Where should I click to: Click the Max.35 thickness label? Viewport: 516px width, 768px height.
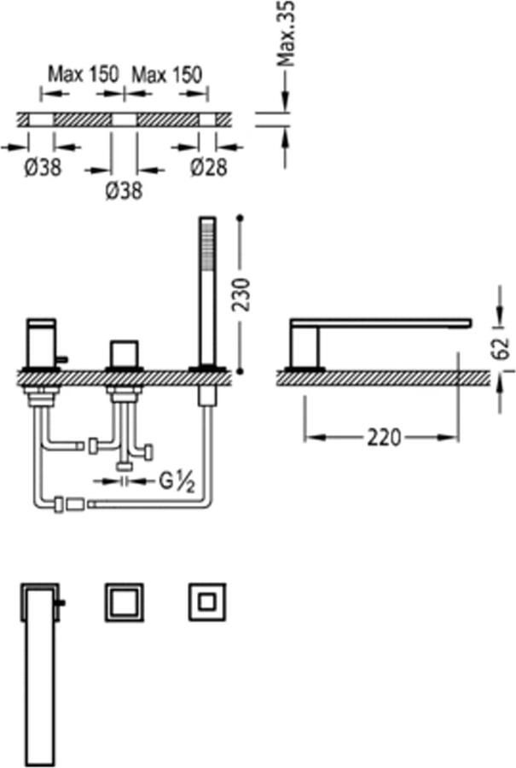(x=286, y=33)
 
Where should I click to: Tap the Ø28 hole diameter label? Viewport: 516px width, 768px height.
(x=209, y=167)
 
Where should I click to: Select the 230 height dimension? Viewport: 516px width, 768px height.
(x=241, y=294)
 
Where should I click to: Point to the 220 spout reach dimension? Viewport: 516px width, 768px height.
(x=384, y=437)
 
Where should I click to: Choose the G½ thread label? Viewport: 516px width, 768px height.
(x=177, y=482)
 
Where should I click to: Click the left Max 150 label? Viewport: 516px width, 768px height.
(x=84, y=74)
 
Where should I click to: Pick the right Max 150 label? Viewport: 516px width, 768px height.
(x=167, y=75)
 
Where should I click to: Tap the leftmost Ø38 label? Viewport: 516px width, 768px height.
(x=43, y=168)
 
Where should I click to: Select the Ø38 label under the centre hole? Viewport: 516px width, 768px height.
(x=124, y=190)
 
